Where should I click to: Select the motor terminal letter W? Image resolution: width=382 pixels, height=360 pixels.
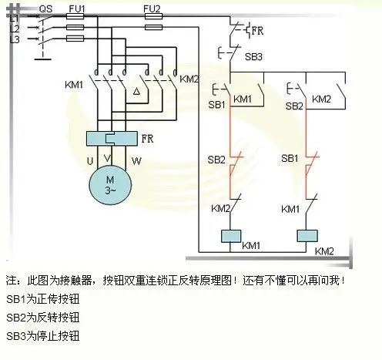pyautogui.click(x=136, y=160)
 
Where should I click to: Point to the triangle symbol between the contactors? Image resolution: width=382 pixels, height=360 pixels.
pyautogui.click(x=136, y=92)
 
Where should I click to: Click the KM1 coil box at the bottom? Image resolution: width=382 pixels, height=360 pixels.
pyautogui.click(x=233, y=236)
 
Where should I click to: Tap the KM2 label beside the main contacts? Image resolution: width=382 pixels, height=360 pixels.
pyautogui.click(x=189, y=79)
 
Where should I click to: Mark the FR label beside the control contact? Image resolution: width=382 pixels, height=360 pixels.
pyautogui.click(x=259, y=31)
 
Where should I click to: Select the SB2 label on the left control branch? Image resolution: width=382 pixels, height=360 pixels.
pyautogui.click(x=216, y=159)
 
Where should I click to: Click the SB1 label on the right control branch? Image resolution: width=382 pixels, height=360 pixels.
pyautogui.click(x=290, y=159)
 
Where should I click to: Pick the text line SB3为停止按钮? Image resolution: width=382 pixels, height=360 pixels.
pyautogui.click(x=43, y=336)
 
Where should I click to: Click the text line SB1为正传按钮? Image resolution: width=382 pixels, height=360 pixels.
pyautogui.click(x=43, y=298)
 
